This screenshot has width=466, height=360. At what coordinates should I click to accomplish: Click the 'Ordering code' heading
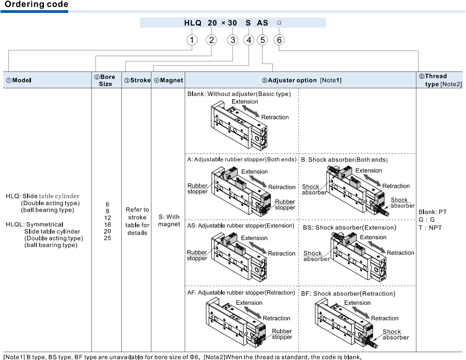tap(36, 4)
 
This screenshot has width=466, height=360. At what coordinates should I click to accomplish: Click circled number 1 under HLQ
tap(192, 40)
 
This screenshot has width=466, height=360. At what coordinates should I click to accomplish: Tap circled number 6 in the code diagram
tap(279, 40)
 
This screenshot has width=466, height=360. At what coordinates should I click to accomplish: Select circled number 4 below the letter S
tap(249, 40)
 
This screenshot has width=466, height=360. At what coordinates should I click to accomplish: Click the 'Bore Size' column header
tap(105, 80)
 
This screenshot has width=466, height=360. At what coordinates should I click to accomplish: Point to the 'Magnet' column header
tap(168, 80)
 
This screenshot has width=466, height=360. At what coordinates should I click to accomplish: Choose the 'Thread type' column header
tap(440, 80)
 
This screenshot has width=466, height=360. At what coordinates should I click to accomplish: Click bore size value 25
tap(108, 238)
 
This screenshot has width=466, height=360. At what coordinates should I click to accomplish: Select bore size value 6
tap(108, 204)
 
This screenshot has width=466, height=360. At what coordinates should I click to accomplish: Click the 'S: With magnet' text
tap(169, 220)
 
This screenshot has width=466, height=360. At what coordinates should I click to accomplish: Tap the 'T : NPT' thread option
tap(430, 228)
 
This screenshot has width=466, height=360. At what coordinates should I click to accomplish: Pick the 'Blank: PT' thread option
tap(432, 212)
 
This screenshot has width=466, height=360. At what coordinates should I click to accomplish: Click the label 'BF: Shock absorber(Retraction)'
tap(348, 294)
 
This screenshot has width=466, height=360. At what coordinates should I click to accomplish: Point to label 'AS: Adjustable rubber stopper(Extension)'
tap(241, 226)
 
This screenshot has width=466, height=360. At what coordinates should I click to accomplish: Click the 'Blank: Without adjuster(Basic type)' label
tap(239, 94)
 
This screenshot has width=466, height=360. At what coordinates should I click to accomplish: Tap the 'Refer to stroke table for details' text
tap(137, 221)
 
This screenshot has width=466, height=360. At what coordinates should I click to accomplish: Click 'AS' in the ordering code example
tap(263, 23)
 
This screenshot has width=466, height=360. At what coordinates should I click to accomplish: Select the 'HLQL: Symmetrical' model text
tap(35, 224)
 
